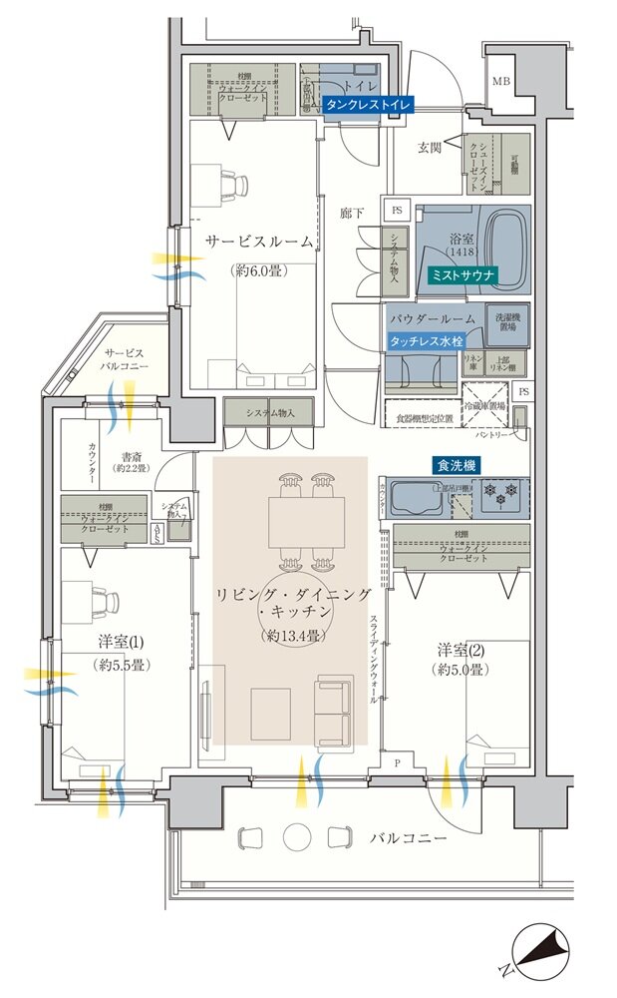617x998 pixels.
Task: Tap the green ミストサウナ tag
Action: pos(461,273)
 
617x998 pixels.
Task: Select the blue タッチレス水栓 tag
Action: pos(427,340)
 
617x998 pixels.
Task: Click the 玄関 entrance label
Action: pos(430,148)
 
